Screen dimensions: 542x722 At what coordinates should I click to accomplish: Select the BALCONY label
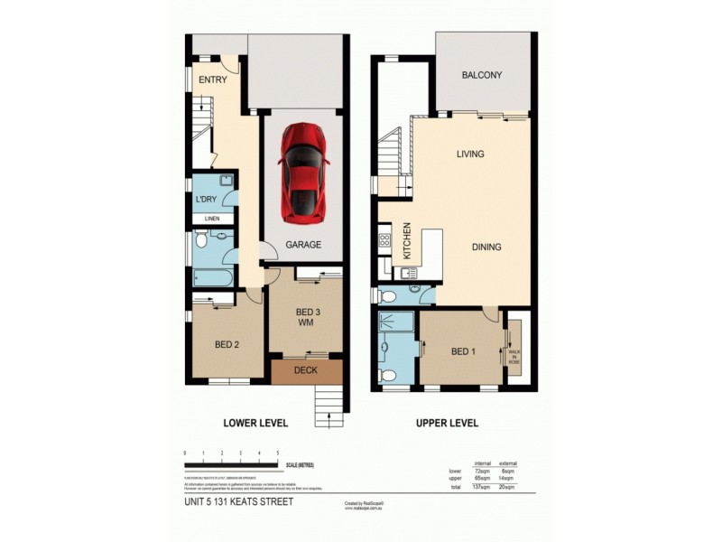tap(481, 76)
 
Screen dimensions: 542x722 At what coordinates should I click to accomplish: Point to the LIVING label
tap(470, 154)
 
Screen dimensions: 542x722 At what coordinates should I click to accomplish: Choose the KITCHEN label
tap(407, 241)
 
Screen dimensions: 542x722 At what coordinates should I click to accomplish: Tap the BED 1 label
tap(460, 350)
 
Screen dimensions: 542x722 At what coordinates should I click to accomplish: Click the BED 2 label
tap(227, 344)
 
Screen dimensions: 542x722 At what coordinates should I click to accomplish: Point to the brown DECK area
tap(307, 370)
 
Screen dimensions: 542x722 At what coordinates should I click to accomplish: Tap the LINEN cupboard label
tap(212, 219)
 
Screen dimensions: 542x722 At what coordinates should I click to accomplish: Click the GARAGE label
tap(304, 244)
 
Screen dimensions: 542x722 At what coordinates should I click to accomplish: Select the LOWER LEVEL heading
tap(255, 422)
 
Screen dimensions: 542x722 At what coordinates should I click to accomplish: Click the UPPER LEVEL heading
tap(447, 422)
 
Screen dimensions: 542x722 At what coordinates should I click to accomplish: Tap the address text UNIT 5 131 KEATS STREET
tap(237, 501)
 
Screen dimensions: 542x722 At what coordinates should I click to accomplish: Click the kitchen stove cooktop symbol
tap(384, 240)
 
